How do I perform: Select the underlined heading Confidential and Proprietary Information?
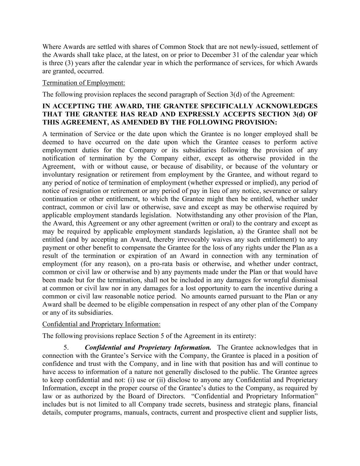(101, 324)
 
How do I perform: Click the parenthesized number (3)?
(69, 63)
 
